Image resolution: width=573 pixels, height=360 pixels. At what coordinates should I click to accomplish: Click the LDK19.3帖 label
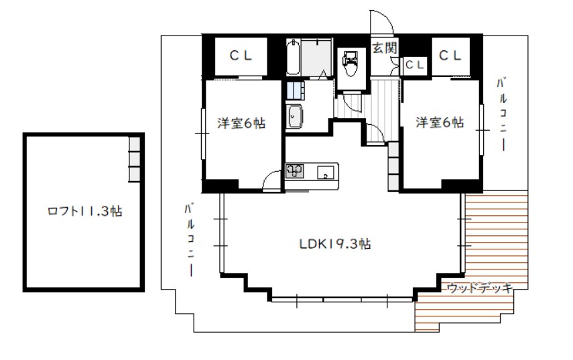tap(334, 244)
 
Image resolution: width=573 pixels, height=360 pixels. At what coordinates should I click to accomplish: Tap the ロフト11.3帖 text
tap(84, 211)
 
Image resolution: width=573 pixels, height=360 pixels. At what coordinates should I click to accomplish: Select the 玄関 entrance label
tap(385, 48)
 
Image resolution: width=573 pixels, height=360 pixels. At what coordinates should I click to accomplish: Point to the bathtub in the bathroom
tap(293, 58)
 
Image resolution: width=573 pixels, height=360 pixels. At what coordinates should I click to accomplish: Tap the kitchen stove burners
tap(294, 171)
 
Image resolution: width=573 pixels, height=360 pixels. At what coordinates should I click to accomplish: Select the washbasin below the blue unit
tap(294, 116)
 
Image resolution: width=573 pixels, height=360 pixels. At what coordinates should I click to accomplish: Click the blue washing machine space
tap(296, 91)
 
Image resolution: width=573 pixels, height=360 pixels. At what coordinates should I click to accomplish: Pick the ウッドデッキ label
tap(480, 288)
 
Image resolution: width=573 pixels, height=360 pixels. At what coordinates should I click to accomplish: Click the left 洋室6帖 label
tap(241, 123)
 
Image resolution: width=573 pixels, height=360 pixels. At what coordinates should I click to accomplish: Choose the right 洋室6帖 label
tap(440, 122)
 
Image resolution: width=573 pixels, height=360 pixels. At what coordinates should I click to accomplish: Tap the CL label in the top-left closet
tap(241, 56)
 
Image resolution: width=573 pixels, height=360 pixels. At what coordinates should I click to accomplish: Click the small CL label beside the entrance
tap(414, 65)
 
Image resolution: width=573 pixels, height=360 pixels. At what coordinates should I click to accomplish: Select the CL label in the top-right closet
tap(450, 56)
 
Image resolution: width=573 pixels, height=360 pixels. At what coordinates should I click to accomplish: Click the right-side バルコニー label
tap(502, 114)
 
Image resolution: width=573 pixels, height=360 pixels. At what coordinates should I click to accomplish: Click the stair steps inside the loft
tap(134, 160)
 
